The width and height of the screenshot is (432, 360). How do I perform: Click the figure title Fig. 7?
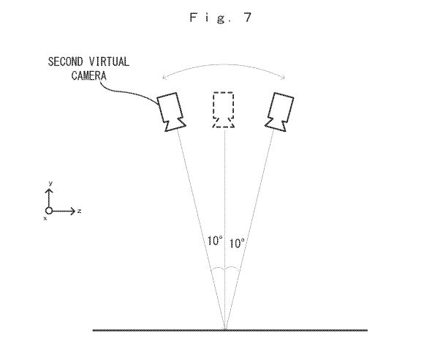tap(221, 18)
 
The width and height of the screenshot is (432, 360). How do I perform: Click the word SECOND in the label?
tap(65, 61)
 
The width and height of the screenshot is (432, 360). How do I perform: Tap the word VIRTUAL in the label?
tap(109, 61)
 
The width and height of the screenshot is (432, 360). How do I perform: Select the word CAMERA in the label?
tap(88, 75)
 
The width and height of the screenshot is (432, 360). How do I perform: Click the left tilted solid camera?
tap(171, 112)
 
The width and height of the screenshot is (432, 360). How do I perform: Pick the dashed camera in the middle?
tap(224, 110)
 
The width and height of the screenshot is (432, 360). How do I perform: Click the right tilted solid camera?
tap(279, 112)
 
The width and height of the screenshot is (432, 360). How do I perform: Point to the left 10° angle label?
tap(215, 241)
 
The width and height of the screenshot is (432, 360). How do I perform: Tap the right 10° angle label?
tap(237, 244)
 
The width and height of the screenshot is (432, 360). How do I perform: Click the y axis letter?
tap(50, 184)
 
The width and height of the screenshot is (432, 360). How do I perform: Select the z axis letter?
tap(80, 211)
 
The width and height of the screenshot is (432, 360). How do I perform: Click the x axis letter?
tap(45, 219)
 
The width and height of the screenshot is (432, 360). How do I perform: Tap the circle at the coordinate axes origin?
tap(49, 211)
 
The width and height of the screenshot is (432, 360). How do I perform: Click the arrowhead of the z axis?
tap(73, 211)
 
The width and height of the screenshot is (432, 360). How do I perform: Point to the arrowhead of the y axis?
tap(49, 191)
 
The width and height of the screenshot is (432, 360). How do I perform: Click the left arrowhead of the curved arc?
tap(164, 78)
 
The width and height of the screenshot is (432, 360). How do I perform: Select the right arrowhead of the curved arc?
tap(283, 78)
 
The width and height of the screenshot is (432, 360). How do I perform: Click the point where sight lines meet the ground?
tap(225, 330)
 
